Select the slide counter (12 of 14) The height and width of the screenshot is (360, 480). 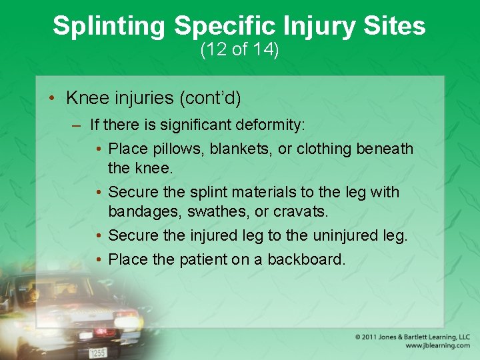point(239,50)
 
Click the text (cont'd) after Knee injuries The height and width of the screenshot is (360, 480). point(210,98)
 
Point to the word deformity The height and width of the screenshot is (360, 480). point(271,124)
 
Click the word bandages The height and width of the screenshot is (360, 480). point(139,211)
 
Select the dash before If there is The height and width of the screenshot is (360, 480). point(77,125)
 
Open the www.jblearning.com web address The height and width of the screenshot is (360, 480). point(437,346)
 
